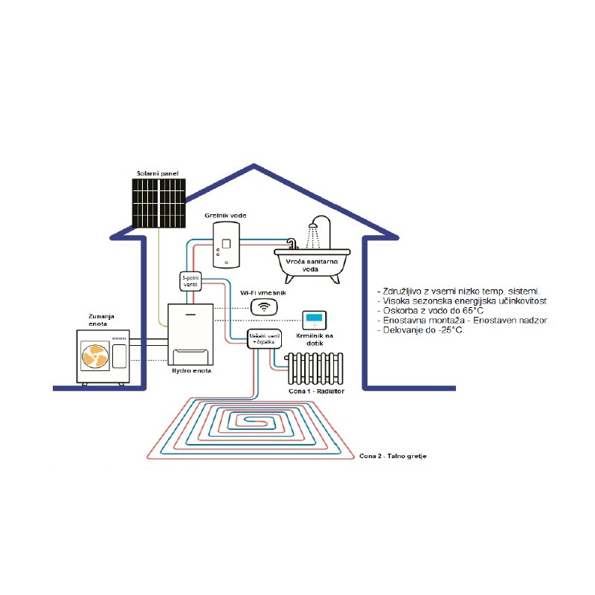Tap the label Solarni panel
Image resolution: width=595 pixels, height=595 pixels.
click(158, 174)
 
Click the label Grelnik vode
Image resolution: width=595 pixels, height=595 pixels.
click(225, 216)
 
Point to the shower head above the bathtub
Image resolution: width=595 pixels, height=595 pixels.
click(320, 222)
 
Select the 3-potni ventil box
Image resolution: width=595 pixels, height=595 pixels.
click(190, 280)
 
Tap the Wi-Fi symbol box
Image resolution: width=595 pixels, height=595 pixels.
click(262, 306)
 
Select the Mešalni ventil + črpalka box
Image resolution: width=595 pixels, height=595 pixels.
click(264, 338)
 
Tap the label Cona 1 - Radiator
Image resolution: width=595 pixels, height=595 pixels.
click(316, 390)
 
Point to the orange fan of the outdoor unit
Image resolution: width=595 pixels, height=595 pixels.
click(94, 357)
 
